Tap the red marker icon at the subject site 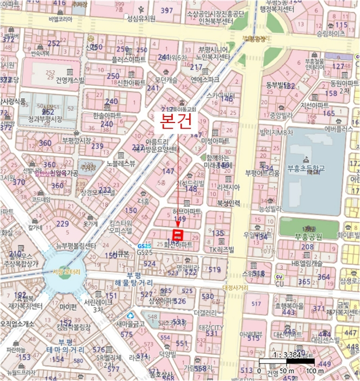tap(178, 235)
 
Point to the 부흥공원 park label tap(308, 236)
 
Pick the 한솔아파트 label tap(107, 116)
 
